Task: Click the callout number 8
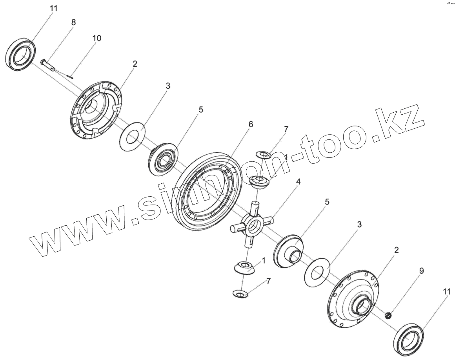point(73,22)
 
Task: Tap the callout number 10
point(96,38)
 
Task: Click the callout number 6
point(251,124)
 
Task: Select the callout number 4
point(298,182)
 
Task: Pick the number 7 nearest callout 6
point(286,129)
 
